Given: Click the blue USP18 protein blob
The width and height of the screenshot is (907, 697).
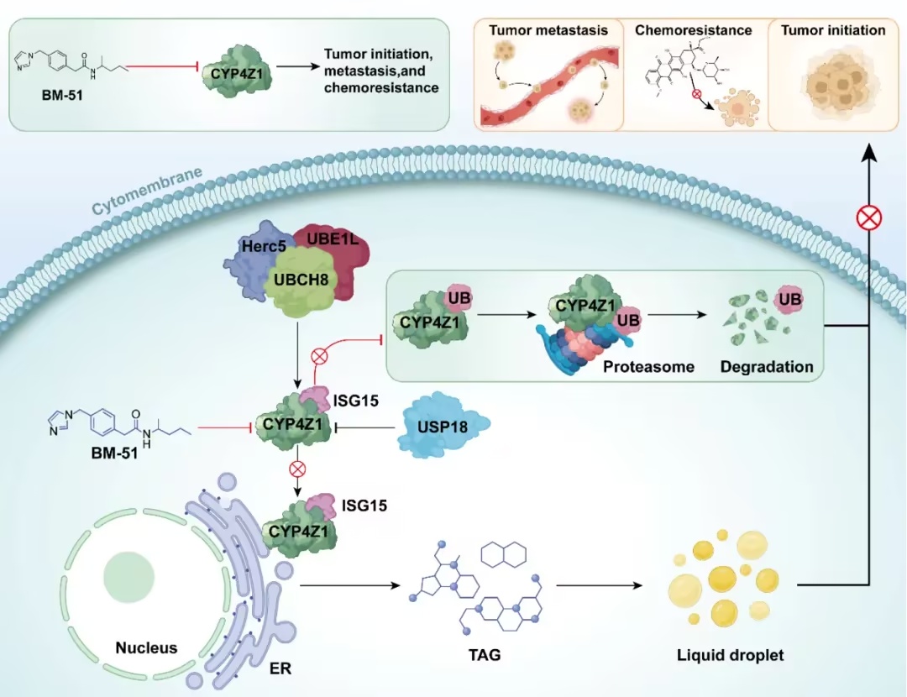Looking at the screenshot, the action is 443,427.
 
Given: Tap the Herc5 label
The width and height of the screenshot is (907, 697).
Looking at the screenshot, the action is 264,246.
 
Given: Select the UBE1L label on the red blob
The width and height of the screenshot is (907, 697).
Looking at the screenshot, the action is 333,238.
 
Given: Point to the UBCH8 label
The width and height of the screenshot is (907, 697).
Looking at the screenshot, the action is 301,280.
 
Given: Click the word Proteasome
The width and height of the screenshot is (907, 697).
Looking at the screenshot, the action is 648,367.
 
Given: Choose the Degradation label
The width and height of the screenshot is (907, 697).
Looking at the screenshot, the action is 767,367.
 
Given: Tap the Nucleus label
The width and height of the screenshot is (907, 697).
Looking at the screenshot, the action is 146,647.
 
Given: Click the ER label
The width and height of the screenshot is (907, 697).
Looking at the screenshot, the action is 280,668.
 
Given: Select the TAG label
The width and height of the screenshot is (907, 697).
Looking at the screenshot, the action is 485,655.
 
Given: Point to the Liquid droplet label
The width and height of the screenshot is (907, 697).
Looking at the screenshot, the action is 730,655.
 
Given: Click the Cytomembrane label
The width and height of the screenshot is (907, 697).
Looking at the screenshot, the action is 147,191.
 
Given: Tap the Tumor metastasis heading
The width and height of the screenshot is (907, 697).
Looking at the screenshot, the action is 548,30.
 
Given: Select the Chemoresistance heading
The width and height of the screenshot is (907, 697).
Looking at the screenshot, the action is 693,30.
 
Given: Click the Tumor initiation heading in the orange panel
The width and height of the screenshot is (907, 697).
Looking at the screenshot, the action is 833,30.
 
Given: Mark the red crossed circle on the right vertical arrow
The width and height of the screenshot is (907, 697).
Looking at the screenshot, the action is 869,218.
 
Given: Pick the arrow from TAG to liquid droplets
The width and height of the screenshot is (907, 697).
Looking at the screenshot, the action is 600,585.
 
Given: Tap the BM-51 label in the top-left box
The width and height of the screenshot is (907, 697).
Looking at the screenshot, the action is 62,95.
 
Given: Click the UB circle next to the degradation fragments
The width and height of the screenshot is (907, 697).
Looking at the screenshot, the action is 789,300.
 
